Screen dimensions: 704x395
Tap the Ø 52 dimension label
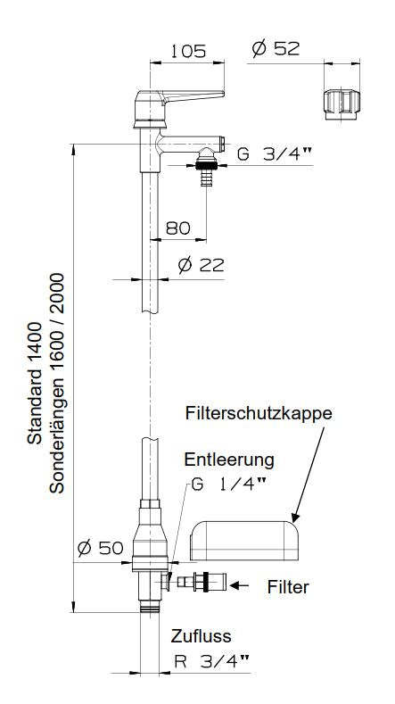coord(275,50)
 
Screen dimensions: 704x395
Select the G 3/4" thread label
coord(275,153)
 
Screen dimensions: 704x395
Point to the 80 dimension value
coord(178,228)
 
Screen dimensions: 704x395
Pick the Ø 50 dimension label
coord(99,548)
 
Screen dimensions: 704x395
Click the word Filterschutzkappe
coord(259,414)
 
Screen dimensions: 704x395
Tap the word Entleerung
coord(229,460)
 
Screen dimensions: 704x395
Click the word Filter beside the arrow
coord(288,587)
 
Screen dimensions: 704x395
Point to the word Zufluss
coord(202,636)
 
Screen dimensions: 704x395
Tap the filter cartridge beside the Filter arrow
coord(198,583)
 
